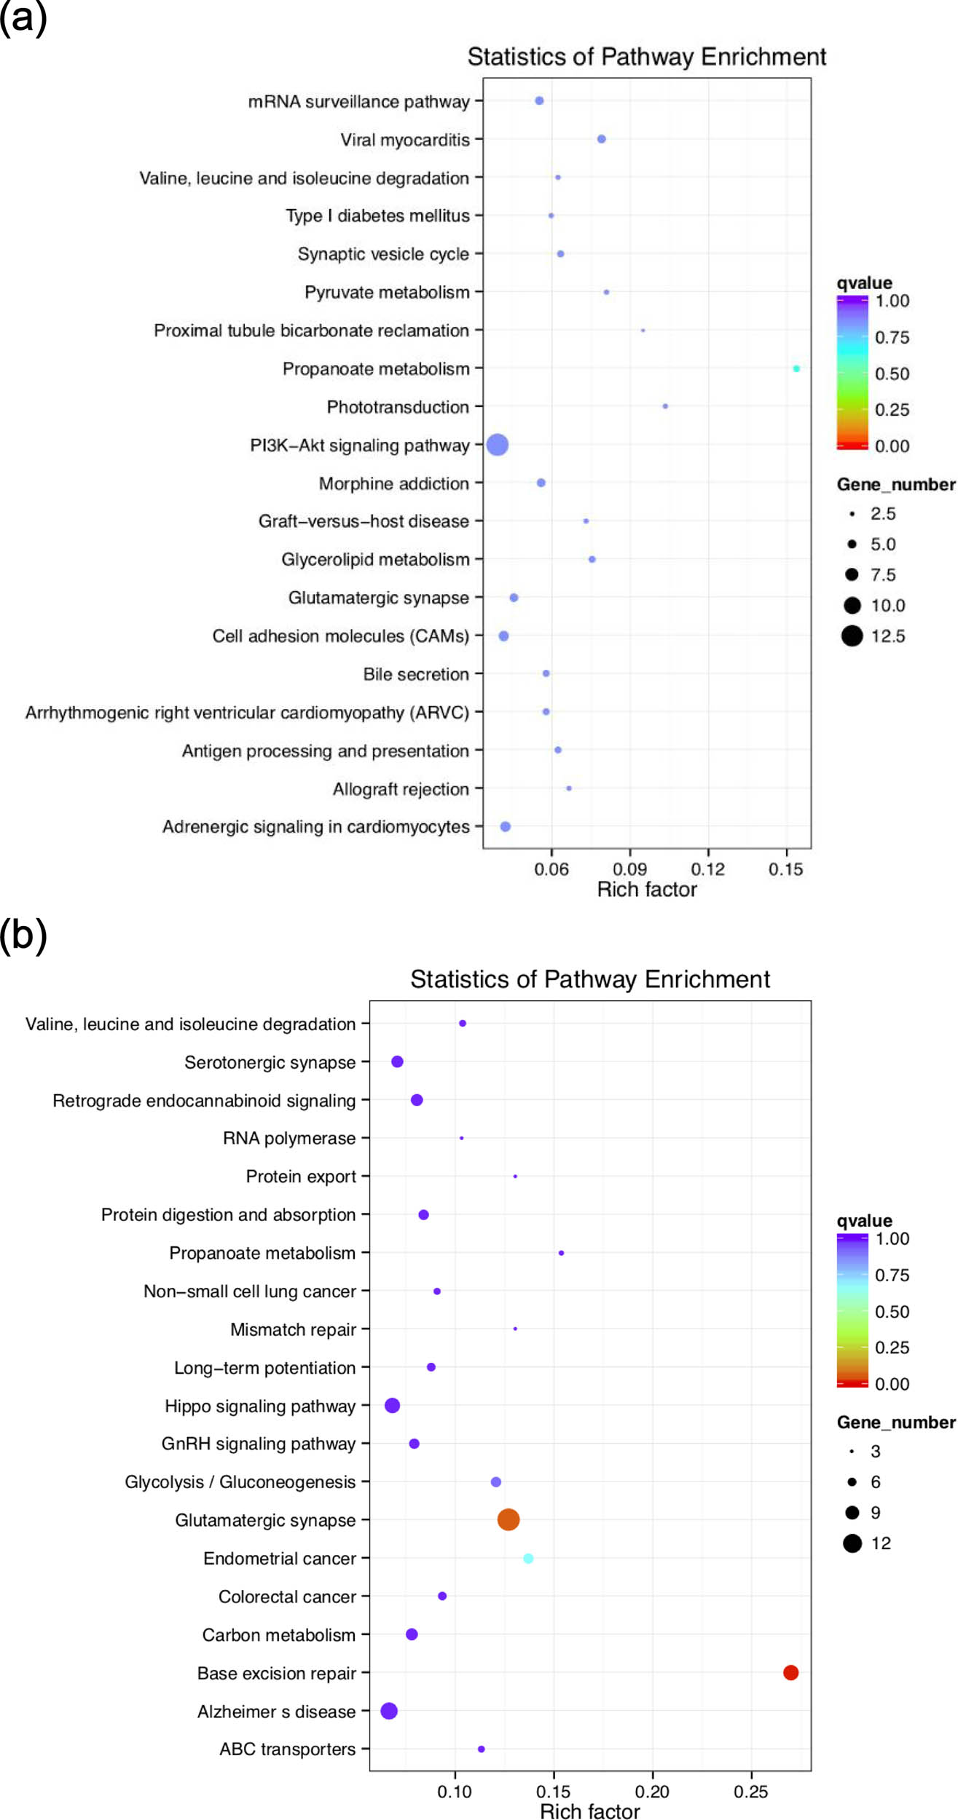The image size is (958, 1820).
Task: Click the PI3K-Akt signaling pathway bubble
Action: click(497, 444)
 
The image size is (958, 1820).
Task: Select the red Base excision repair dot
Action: click(790, 1672)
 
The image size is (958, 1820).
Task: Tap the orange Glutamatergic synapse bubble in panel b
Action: click(509, 1519)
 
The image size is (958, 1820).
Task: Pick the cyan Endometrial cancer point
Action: click(528, 1558)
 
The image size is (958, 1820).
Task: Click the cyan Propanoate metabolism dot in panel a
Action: click(796, 368)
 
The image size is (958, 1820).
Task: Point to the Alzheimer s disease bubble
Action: click(389, 1711)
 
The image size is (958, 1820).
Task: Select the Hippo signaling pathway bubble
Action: click(392, 1405)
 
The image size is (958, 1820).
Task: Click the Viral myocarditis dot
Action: click(601, 139)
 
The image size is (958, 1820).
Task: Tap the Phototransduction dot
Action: click(665, 406)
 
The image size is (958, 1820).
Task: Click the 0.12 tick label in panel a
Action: click(707, 869)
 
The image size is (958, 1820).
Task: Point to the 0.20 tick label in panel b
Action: click(652, 1792)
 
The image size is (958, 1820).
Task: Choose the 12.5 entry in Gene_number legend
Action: click(852, 636)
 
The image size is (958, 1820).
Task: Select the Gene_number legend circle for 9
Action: click(852, 1512)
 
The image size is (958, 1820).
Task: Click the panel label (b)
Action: click(23, 934)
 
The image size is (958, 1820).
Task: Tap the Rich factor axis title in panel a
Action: click(647, 889)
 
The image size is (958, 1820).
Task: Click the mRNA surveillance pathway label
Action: click(358, 101)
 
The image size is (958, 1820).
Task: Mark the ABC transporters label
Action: click(287, 1749)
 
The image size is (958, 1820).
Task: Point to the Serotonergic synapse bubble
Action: click(397, 1061)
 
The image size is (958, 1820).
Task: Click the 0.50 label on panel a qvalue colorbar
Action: click(892, 373)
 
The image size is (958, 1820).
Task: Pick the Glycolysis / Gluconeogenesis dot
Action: click(496, 1481)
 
